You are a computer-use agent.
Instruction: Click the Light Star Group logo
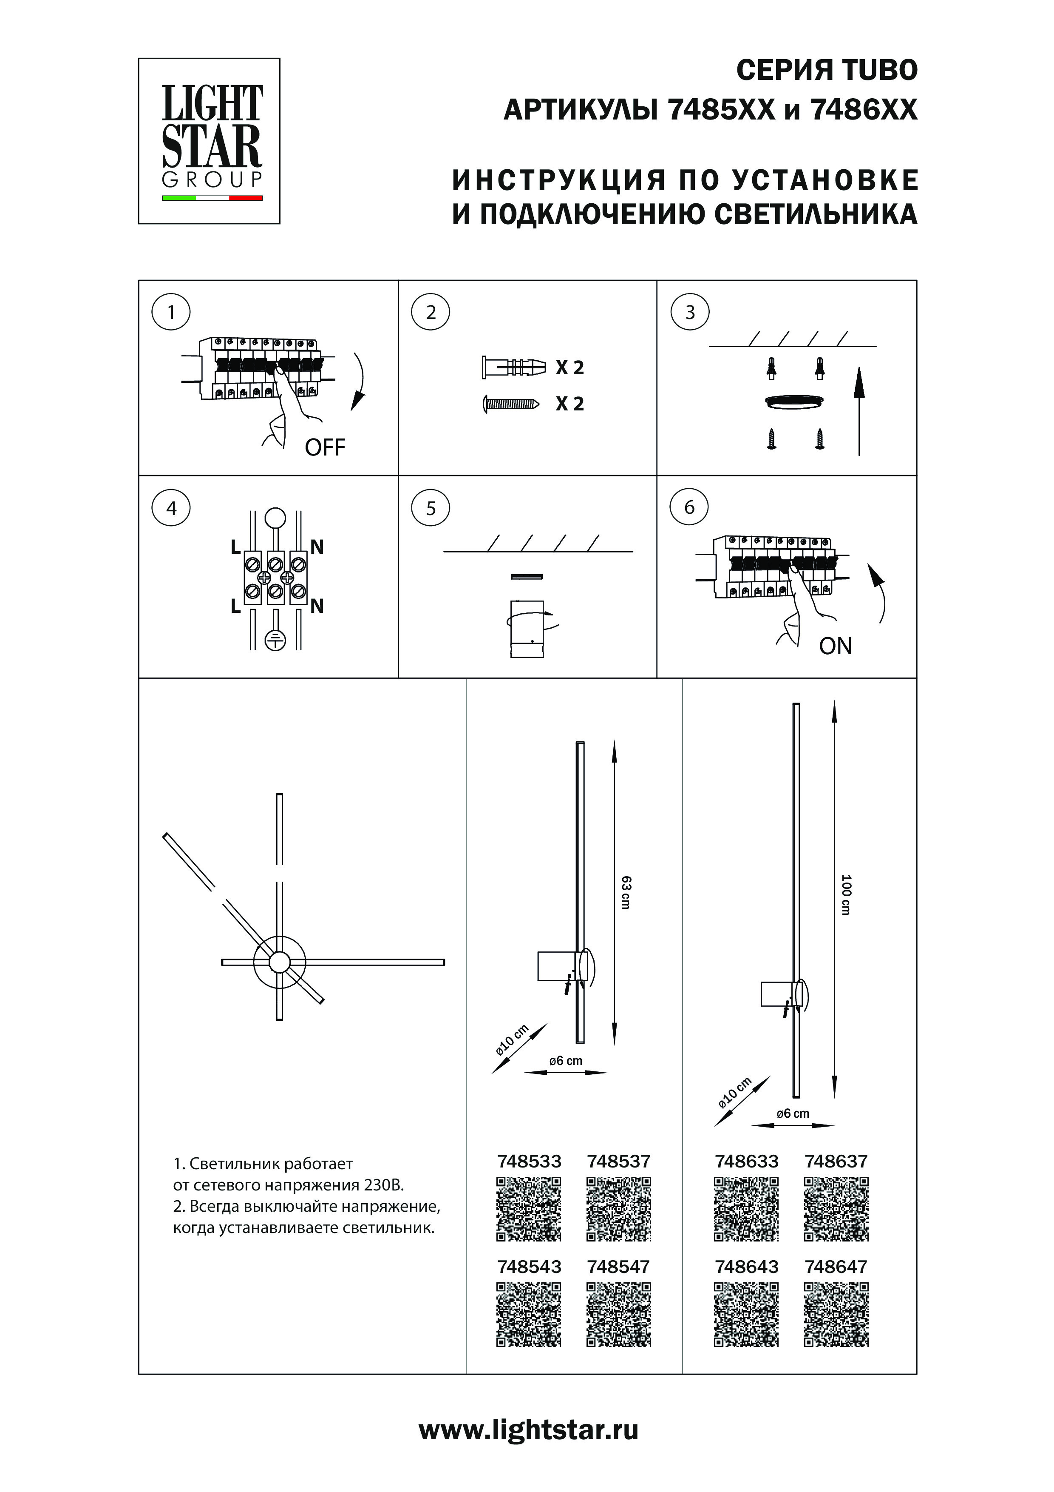209,141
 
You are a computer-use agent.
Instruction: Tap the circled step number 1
171,313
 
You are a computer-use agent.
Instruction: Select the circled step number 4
171,508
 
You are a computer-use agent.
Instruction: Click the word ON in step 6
835,646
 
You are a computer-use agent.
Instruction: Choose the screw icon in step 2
510,404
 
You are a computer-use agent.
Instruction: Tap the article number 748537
618,1161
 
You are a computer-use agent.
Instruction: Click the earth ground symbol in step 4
275,640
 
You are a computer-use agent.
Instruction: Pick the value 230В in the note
384,1184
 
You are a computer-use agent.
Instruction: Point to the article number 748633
746,1161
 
